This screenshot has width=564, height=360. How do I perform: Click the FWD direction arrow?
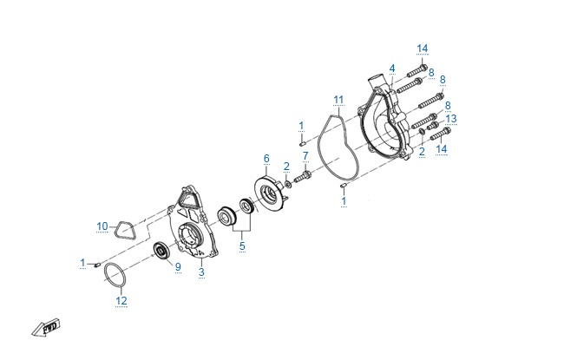[46, 328]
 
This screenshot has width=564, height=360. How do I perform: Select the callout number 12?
[121, 301]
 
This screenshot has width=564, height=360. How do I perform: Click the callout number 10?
[102, 226]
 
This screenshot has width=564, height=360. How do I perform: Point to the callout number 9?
[178, 267]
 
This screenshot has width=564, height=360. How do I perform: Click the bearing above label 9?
[161, 251]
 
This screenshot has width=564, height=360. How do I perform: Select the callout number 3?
[201, 272]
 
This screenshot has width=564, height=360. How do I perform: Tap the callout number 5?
[242, 246]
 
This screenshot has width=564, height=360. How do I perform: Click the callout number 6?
[266, 158]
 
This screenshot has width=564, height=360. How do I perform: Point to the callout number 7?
[305, 156]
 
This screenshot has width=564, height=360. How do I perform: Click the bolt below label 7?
[303, 177]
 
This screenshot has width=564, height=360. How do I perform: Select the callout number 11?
[338, 100]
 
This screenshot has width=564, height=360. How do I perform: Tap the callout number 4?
[392, 69]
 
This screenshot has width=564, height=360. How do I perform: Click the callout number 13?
[451, 119]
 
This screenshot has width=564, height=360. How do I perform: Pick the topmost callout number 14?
[423, 49]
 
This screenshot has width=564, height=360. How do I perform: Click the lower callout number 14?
[442, 148]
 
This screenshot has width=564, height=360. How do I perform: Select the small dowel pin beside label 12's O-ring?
[96, 265]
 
